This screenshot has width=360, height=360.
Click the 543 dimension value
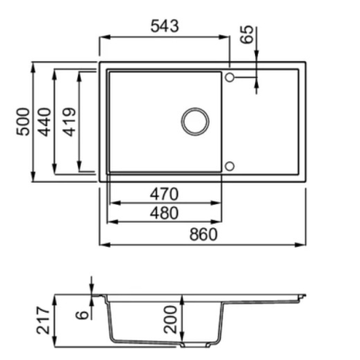click(x=164, y=26)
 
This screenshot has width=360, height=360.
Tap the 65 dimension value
click(x=247, y=34)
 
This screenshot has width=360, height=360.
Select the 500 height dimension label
click(x=23, y=122)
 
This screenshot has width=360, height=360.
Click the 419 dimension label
click(x=70, y=122)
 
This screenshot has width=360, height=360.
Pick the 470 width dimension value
click(x=164, y=194)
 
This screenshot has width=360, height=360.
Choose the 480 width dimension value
click(x=164, y=213)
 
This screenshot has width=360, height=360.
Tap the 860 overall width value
click(x=203, y=235)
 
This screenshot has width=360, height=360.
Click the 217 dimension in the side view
click(x=44, y=320)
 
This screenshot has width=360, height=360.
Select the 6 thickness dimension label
click(x=83, y=315)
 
